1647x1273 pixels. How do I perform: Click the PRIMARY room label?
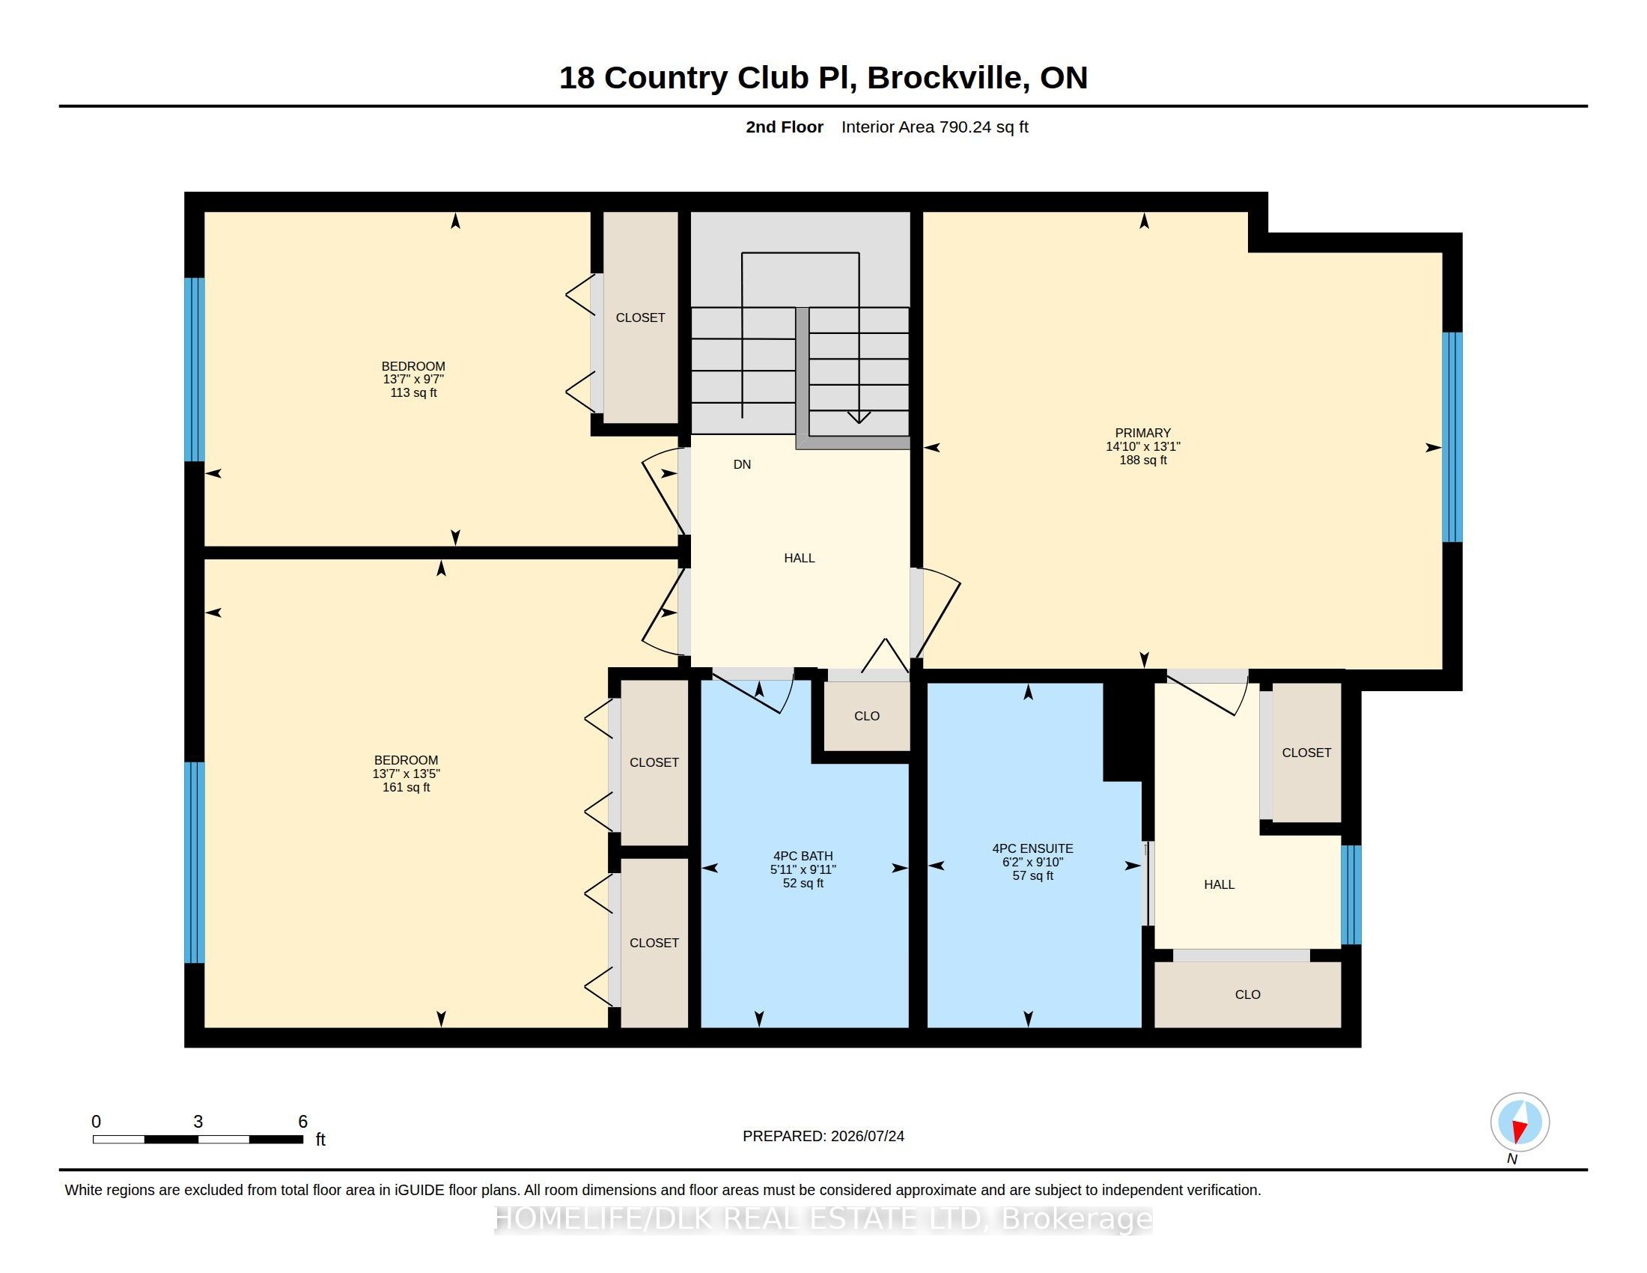click(x=1142, y=433)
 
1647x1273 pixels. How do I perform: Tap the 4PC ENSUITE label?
click(x=1032, y=848)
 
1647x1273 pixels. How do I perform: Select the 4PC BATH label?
click(x=803, y=856)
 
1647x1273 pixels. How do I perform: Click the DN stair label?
click(x=742, y=464)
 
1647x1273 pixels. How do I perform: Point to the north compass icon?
click(x=1520, y=1122)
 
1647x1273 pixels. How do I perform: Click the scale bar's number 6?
click(x=302, y=1122)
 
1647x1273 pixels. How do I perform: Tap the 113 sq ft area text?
click(x=413, y=393)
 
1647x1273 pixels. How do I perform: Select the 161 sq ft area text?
click(x=406, y=787)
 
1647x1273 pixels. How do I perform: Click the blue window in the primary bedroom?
click(x=1452, y=437)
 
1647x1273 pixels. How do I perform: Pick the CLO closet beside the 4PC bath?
click(x=866, y=716)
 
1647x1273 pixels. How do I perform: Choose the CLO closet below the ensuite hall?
click(x=1247, y=994)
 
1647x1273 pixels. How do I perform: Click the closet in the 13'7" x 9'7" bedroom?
click(x=640, y=318)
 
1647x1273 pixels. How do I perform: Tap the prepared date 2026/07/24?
click(x=867, y=1136)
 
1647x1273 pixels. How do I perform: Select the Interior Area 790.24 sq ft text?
click(x=934, y=127)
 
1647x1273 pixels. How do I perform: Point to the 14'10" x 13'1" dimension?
click(x=1142, y=446)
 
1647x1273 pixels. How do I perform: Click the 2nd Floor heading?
click(x=785, y=127)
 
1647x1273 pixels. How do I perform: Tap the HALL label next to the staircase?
click(x=800, y=558)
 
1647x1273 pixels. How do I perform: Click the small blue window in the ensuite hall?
click(x=1351, y=895)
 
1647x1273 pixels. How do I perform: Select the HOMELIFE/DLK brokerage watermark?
click(x=823, y=1218)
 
